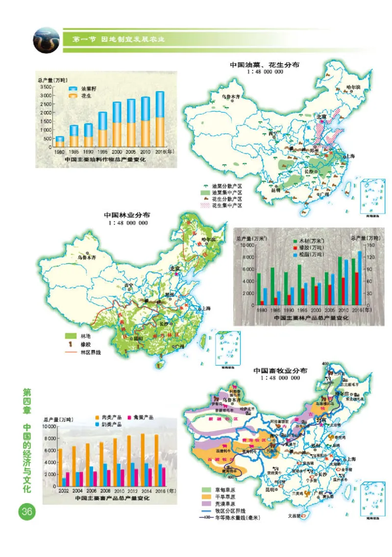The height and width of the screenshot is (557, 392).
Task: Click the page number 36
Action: (25, 511)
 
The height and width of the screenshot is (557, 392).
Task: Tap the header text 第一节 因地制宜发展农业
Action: (118, 39)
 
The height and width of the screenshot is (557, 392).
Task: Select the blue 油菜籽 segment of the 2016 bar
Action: (160, 104)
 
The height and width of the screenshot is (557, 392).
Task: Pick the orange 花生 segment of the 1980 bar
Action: (60, 144)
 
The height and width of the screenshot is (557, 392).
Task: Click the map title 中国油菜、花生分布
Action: (265, 64)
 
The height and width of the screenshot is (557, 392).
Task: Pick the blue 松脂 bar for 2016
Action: (360, 278)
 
